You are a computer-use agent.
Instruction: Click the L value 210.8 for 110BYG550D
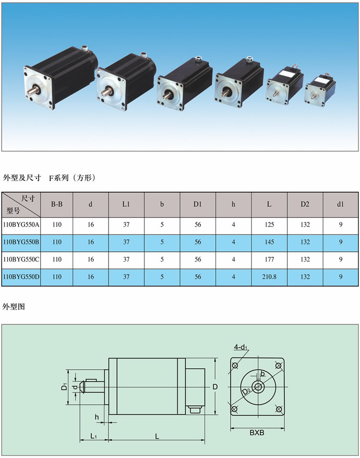tap(269, 277)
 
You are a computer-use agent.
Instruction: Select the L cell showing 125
tap(269, 225)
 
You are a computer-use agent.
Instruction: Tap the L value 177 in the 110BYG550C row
tap(269, 260)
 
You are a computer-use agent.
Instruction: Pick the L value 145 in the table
tap(269, 242)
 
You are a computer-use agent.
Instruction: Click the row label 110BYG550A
tap(21, 225)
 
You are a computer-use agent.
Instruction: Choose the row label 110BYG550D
tap(21, 277)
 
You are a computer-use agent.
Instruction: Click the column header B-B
tap(56, 204)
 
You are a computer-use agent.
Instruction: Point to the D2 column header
tap(305, 204)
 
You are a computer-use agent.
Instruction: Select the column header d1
tap(341, 204)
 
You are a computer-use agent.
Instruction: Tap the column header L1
tap(126, 204)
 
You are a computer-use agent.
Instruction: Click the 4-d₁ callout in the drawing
tap(241, 347)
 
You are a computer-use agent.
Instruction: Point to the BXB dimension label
tap(257, 432)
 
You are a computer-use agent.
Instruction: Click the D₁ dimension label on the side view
tap(65, 386)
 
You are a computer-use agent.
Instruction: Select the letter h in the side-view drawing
tap(97, 417)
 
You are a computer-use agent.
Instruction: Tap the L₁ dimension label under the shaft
tap(93, 436)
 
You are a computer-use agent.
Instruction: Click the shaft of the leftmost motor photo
tap(33, 91)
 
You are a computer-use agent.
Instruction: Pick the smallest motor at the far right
tap(320, 90)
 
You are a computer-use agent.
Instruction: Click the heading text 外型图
tap(14, 307)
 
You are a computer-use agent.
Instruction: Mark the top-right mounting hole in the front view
tap(278, 366)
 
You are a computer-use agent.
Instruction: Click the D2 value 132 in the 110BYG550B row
tap(305, 242)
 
